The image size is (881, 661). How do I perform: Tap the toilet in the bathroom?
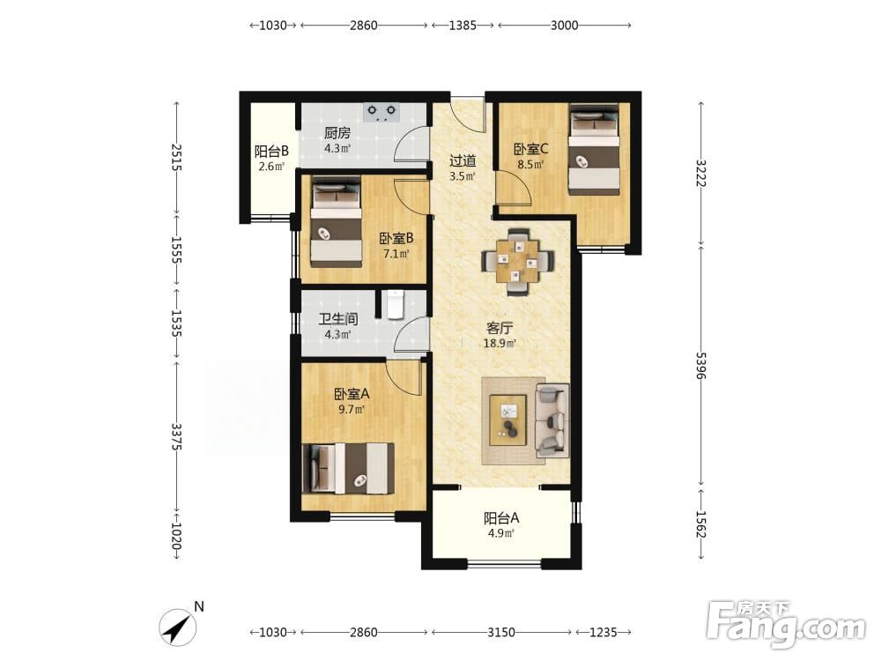396,304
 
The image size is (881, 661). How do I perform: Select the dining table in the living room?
517,262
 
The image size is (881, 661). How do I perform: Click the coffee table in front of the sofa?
507,420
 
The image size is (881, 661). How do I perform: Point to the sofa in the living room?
552,420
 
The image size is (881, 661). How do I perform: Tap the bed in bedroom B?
336,222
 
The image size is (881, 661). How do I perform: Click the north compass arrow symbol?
178,628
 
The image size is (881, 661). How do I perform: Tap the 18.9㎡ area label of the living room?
500,344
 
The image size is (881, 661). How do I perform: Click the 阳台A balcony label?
501,517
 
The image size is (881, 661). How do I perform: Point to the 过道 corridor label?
463,161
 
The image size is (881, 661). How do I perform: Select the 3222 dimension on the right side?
700,174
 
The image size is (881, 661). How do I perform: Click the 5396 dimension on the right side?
700,366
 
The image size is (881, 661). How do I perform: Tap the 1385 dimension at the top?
463,26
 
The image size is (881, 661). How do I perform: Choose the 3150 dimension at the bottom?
500,632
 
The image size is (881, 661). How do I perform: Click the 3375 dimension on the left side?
176,437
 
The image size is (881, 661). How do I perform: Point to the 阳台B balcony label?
271,152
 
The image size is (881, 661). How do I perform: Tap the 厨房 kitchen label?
337,133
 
